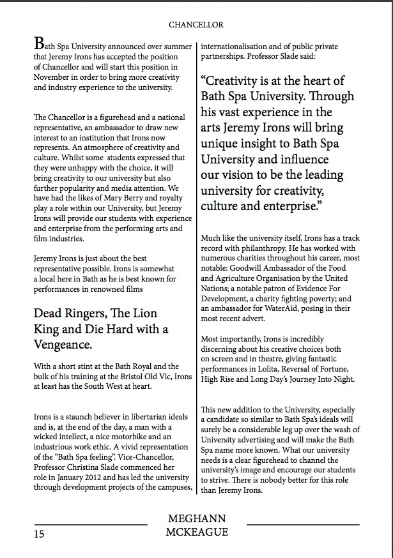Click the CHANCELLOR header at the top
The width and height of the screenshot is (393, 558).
[x=196, y=25]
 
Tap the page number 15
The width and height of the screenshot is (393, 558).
[x=40, y=534]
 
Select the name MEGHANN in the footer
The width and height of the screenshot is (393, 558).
[x=196, y=518]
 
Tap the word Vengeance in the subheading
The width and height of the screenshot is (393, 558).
[x=64, y=345]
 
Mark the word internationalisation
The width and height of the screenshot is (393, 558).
[x=240, y=46]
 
